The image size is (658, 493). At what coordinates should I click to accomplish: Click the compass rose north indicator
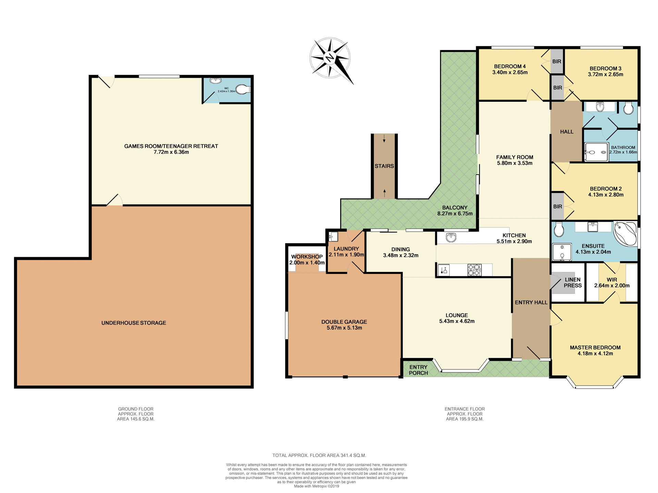[x=330, y=58]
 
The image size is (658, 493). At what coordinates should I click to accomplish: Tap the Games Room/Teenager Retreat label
[x=171, y=146]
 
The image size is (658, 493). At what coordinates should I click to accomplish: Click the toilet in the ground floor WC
[x=243, y=89]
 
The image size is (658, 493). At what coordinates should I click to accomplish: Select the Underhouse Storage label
[x=134, y=323]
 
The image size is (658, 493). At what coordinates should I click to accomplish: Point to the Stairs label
[x=384, y=166]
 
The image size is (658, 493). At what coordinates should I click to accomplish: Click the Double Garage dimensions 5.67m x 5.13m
[x=344, y=328]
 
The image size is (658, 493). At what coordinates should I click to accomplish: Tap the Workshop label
[x=307, y=257]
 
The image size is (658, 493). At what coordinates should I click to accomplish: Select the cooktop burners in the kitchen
[x=475, y=270]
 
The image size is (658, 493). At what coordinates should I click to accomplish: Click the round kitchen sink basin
[x=451, y=237]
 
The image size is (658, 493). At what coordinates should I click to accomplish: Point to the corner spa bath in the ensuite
[x=625, y=233]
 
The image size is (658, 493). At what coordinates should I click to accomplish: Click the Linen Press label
[x=573, y=282]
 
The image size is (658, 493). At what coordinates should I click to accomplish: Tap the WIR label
[x=612, y=280]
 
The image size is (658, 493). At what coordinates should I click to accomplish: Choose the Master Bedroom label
[x=595, y=347]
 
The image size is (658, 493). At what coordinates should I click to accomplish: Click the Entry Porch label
[x=418, y=370]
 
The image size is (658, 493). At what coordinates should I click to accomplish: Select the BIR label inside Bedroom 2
[x=558, y=206]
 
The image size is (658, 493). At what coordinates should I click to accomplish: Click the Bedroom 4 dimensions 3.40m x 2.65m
[x=510, y=73]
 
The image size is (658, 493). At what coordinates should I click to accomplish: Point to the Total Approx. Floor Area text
[x=319, y=455]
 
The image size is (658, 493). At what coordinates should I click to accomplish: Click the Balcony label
[x=454, y=207]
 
